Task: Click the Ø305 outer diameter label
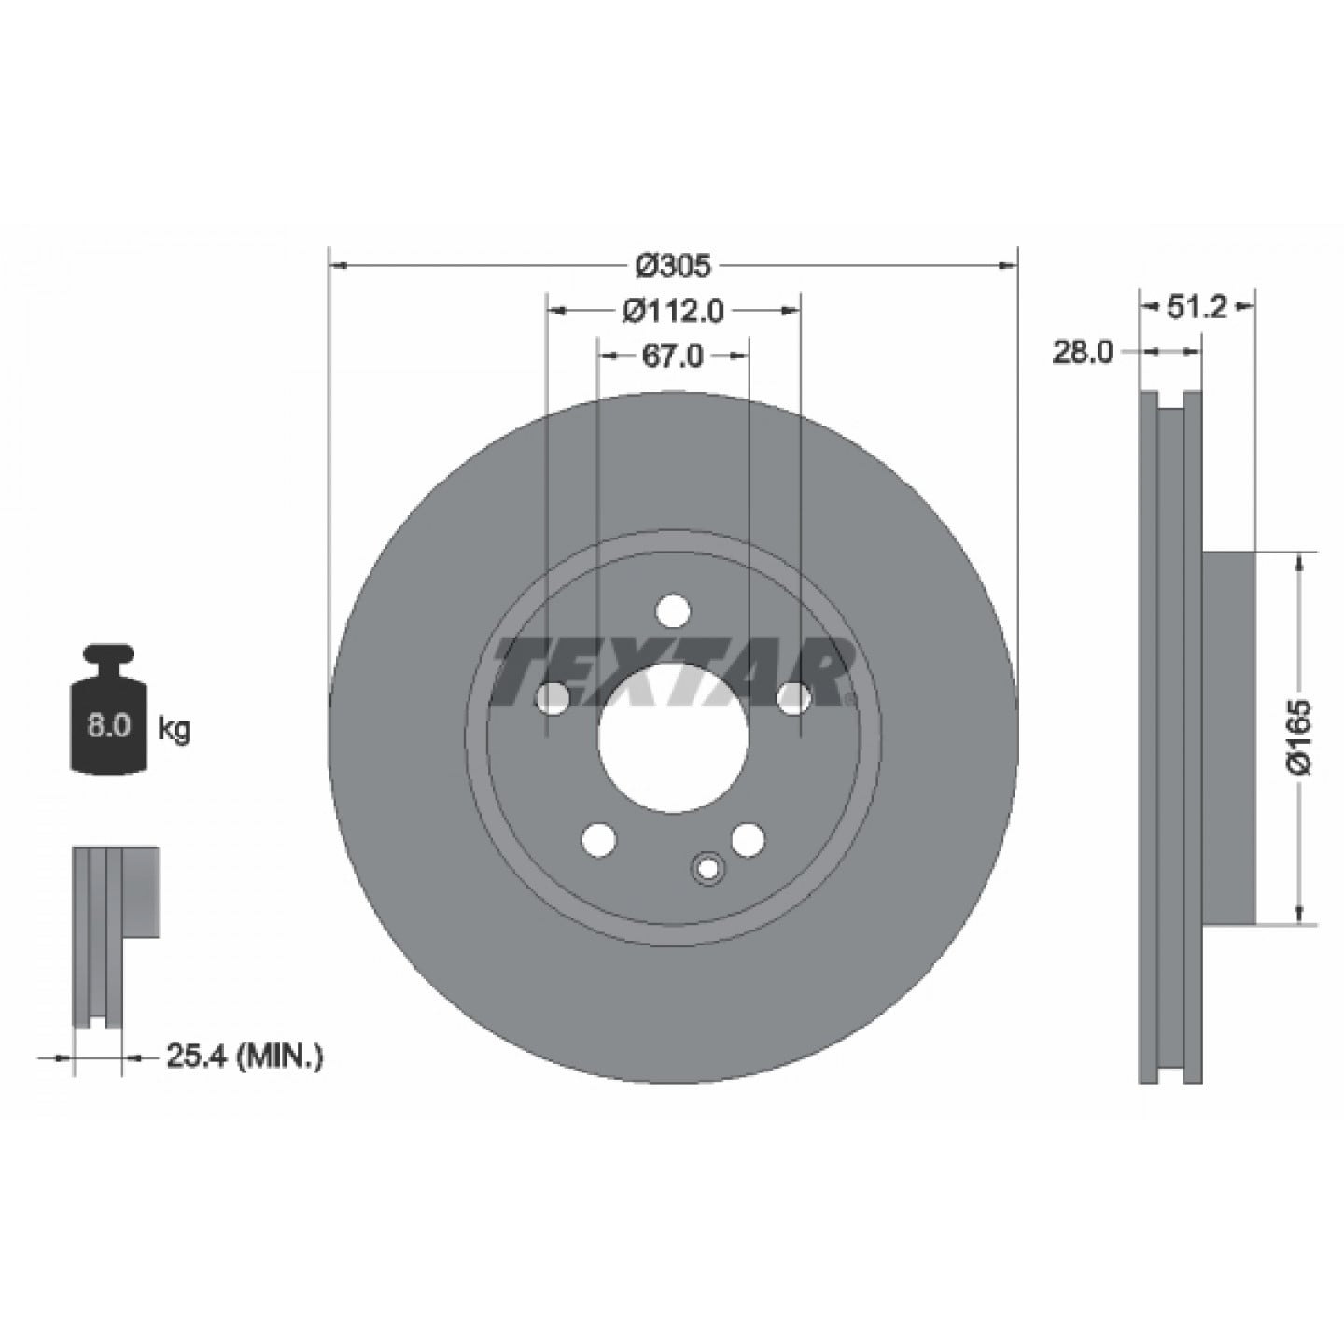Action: coord(674,265)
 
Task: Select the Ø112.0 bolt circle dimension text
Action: coord(674,311)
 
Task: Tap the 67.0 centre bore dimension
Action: coord(672,356)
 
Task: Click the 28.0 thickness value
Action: coord(1083,353)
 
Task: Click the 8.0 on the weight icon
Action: coord(107,727)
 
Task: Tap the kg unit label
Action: coord(174,730)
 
